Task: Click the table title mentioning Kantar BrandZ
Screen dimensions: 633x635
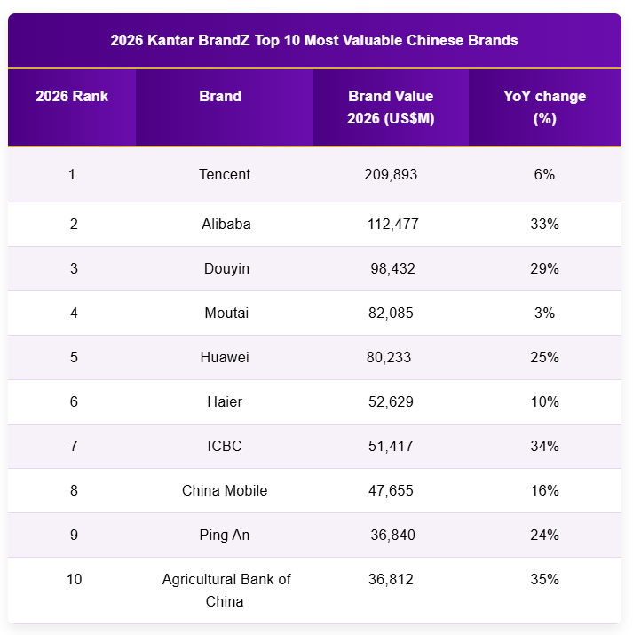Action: pos(314,40)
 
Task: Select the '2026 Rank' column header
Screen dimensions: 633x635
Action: pos(72,96)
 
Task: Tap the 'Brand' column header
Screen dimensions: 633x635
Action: pos(220,96)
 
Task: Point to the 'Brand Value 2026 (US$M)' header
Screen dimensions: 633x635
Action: pos(391,107)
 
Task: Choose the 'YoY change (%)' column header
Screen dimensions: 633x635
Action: pos(544,107)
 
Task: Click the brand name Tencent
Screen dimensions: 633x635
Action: pos(225,174)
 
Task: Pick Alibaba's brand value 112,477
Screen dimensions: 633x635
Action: pos(392,224)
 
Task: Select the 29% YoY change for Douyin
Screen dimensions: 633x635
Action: pos(544,268)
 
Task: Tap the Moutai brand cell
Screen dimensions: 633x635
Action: pos(226,313)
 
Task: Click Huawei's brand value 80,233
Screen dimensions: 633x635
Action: pos(389,357)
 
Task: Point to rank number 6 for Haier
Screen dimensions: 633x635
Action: pos(74,401)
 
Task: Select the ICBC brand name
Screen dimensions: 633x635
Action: pos(225,446)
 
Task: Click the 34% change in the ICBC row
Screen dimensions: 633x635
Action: pos(544,446)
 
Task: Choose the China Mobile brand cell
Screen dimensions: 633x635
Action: pos(225,490)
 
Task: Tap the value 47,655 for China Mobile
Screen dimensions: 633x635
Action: pos(391,490)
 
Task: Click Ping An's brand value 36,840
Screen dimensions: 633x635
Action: pos(392,535)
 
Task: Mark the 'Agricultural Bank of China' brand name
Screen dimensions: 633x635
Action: pos(226,591)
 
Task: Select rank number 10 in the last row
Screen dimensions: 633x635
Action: pos(74,579)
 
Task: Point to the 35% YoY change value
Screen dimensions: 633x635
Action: pos(544,579)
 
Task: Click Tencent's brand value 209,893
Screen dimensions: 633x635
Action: pos(391,174)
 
